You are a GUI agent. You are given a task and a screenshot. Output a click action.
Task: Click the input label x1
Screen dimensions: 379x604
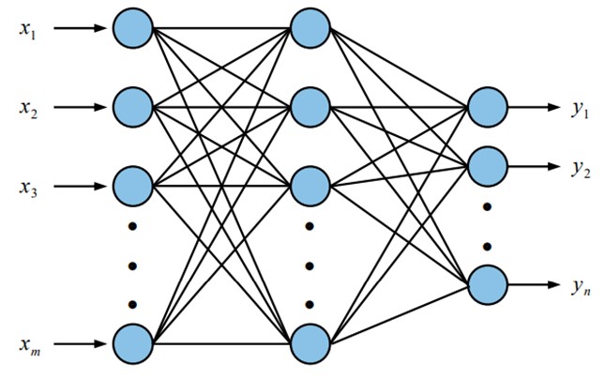coord(28,27)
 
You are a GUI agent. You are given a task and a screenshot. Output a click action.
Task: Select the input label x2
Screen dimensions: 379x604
coord(28,107)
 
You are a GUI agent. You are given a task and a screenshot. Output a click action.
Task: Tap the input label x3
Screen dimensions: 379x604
coord(28,188)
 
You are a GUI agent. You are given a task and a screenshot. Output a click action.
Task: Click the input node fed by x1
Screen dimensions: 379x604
coord(132,27)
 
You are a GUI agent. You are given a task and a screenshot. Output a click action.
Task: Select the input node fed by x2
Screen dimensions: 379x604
coord(132,107)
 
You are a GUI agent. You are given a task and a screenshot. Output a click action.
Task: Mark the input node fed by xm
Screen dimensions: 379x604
coord(132,342)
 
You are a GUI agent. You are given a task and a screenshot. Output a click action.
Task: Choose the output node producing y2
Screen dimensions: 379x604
coord(486,167)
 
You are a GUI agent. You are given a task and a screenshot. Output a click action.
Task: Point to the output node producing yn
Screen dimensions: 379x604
coord(486,284)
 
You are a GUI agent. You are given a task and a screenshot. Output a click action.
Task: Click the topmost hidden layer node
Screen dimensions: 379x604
coord(310,27)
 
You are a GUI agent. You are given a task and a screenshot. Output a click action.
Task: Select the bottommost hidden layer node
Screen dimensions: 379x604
coord(310,342)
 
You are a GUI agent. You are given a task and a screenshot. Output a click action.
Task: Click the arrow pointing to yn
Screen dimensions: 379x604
coord(533,284)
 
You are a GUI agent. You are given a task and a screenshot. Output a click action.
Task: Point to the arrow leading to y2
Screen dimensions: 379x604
coord(533,167)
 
